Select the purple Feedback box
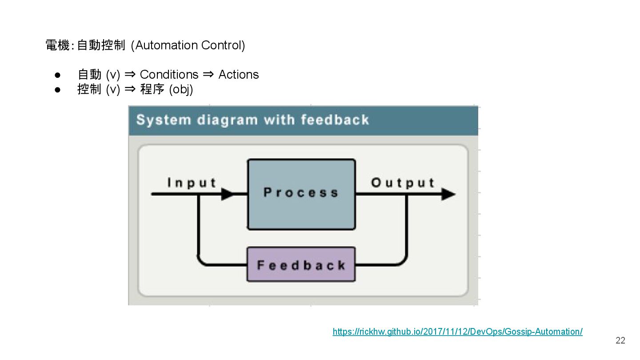pyautogui.click(x=301, y=265)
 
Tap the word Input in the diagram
pyautogui.click(x=192, y=183)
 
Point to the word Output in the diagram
pyautogui.click(x=403, y=183)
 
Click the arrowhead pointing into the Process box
pyautogui.click(x=228, y=194)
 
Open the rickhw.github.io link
pyautogui.click(x=457, y=332)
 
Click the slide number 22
pyautogui.click(x=620, y=340)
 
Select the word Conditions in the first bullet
pyautogui.click(x=169, y=74)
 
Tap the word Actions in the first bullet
pyautogui.click(x=239, y=74)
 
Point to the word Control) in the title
pyautogui.click(x=223, y=45)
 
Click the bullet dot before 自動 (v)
pyautogui.click(x=57, y=75)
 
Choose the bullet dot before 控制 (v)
pyautogui.click(x=57, y=90)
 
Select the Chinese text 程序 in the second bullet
pyautogui.click(x=152, y=89)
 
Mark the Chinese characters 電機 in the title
pyautogui.click(x=57, y=45)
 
